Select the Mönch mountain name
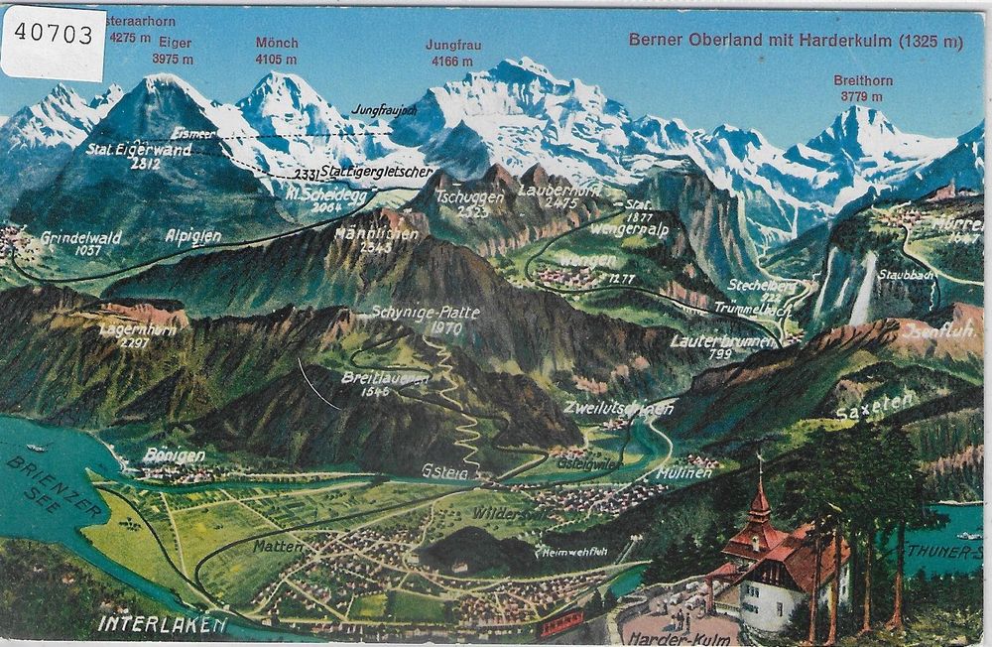277,43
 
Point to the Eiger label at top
173,44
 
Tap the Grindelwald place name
80,238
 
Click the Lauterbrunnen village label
713,339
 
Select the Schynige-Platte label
426,313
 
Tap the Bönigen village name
174,455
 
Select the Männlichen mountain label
363,238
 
